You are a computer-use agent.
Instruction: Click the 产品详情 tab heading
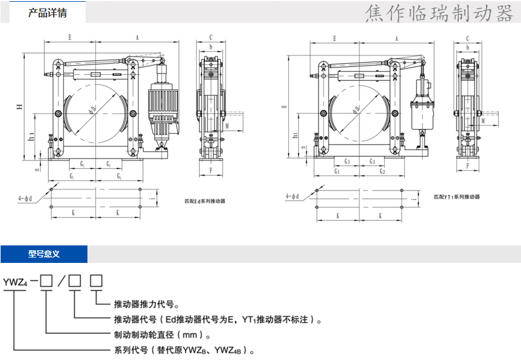pyautogui.click(x=48, y=12)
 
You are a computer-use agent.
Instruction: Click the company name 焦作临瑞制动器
pyautogui.click(x=438, y=13)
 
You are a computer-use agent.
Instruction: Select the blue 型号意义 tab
pyautogui.click(x=44, y=254)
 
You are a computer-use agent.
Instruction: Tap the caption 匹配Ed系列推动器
pyautogui.click(x=204, y=201)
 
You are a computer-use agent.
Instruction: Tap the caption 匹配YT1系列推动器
pyautogui.click(x=457, y=197)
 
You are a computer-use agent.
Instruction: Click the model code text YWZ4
pyautogui.click(x=16, y=280)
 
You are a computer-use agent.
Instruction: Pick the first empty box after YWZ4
pyautogui.click(x=46, y=280)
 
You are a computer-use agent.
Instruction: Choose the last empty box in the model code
pyautogui.click(x=96, y=280)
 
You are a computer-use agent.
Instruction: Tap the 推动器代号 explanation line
pyautogui.click(x=218, y=320)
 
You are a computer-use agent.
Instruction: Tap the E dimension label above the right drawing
pyautogui.click(x=334, y=38)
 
